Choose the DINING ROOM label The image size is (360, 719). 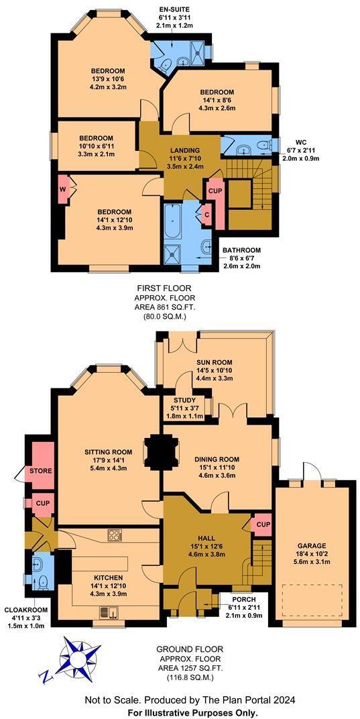point(218,459)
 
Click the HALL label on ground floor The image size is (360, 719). point(206,537)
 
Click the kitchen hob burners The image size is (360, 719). point(114,535)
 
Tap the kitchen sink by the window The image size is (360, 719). point(107,612)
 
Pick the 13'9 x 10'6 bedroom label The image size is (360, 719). point(109,70)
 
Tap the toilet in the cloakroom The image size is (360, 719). point(42,580)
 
